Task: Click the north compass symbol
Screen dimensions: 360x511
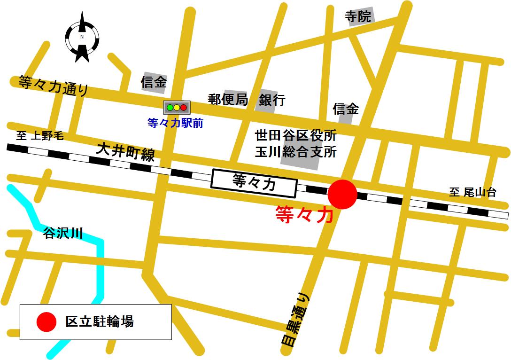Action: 82,37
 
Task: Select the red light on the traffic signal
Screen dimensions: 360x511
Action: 184,108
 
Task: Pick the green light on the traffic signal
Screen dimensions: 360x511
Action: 170,108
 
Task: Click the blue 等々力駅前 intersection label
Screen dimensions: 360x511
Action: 175,124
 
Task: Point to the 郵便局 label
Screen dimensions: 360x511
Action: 228,100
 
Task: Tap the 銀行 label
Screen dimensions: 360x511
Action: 272,100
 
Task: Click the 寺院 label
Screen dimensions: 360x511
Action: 358,17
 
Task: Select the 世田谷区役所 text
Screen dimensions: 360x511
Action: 295,136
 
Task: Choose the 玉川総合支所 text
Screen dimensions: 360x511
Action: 295,152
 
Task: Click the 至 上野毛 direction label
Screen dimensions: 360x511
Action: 40,137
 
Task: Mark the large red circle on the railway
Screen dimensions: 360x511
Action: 342,194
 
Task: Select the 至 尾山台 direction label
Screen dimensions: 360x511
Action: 472,192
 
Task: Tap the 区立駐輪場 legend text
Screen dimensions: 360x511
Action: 100,322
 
